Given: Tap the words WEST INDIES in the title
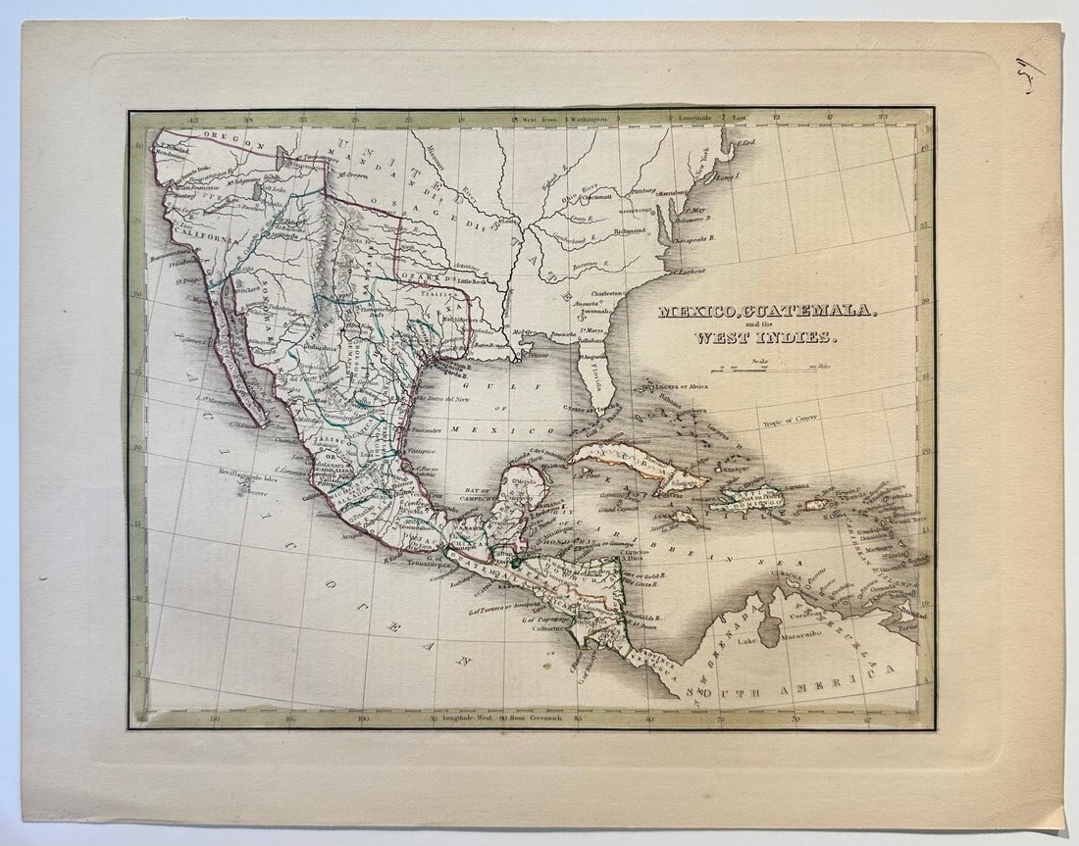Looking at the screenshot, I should pos(765,338).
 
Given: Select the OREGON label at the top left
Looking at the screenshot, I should pos(221,141).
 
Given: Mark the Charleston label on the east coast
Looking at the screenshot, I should pos(607,292).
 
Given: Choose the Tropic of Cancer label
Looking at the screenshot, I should pos(795,420).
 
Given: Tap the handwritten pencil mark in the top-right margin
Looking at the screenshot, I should pos(1031,75).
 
